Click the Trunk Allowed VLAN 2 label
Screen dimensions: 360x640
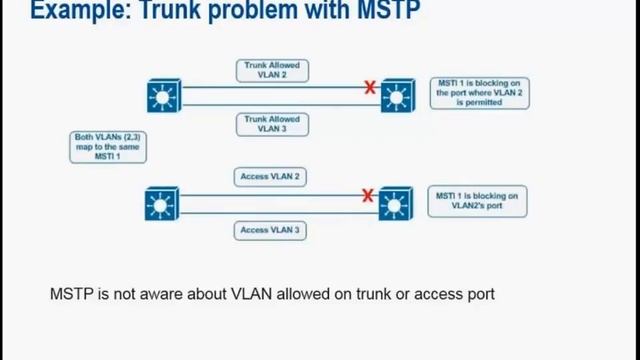[x=272, y=70]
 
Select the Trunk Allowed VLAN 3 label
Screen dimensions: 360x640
[x=272, y=124]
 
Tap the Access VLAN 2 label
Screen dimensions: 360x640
[x=272, y=176]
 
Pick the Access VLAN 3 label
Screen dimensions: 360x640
[x=272, y=231]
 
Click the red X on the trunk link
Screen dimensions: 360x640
[x=370, y=88]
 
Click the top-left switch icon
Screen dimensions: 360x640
[x=161, y=97]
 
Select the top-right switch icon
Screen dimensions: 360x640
[x=397, y=97]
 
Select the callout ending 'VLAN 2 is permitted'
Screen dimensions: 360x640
[x=480, y=94]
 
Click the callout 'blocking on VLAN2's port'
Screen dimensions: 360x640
[x=477, y=201]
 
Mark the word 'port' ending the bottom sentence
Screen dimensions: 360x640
[x=480, y=295]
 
